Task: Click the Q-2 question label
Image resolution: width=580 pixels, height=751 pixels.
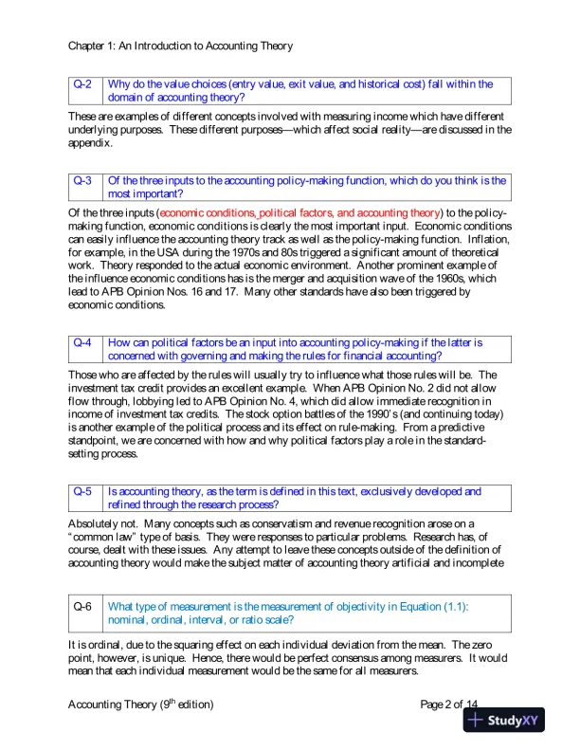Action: pos(83,84)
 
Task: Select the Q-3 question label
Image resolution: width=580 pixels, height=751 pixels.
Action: pos(83,180)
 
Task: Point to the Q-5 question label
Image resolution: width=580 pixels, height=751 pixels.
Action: pos(83,492)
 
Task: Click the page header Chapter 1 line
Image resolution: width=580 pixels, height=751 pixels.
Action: pos(181,46)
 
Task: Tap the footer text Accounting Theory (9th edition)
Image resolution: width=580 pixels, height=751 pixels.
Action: pos(141,705)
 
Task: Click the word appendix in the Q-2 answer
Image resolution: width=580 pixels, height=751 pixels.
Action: pos(91,144)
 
